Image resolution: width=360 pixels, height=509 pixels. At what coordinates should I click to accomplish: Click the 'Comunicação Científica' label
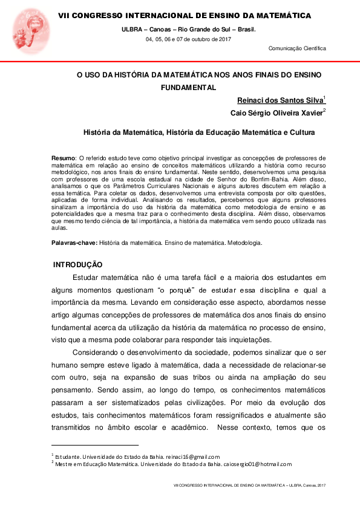297,48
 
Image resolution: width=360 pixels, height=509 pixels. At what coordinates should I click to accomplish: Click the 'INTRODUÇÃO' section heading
77,265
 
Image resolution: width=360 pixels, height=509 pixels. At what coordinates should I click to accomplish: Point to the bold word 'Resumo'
63,157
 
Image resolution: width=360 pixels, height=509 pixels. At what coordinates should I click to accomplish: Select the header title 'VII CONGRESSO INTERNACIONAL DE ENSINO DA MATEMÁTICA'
185,15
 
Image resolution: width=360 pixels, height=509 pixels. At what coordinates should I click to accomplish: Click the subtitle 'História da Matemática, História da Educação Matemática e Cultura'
198,131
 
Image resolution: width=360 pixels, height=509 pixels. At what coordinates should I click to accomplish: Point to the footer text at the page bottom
249,485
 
